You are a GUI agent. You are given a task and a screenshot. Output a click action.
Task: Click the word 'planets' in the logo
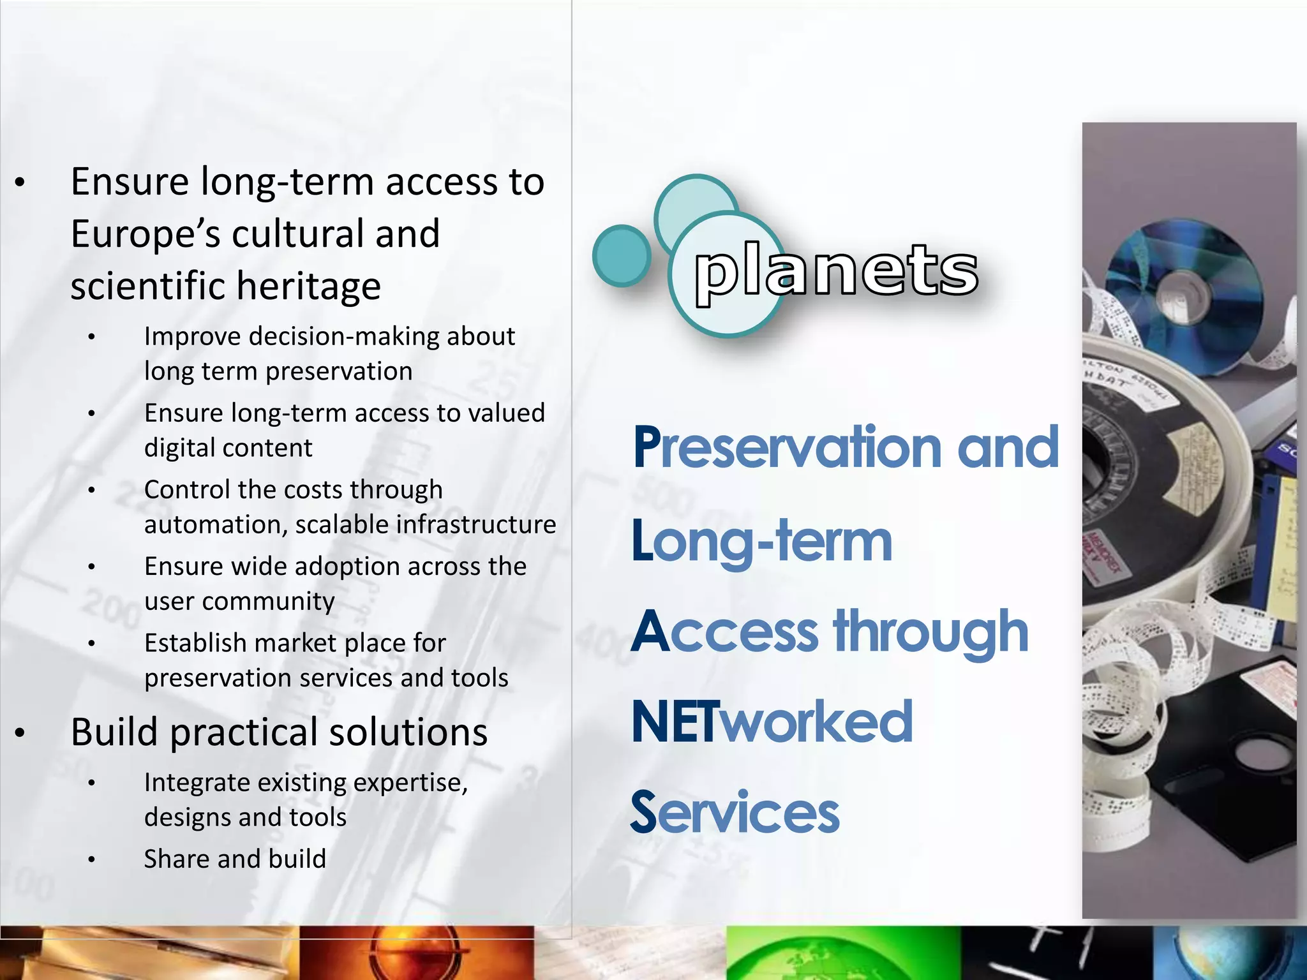[x=836, y=271]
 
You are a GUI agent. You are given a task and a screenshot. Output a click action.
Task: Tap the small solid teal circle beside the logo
[x=621, y=255]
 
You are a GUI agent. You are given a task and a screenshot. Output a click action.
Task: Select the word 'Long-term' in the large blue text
[x=761, y=542]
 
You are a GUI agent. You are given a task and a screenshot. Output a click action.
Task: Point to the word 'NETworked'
[x=772, y=722]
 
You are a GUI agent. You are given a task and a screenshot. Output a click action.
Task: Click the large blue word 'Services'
[x=735, y=812]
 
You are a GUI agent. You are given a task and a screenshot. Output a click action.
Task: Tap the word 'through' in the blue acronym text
[x=931, y=632]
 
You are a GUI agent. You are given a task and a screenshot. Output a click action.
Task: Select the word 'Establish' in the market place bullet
[x=195, y=643]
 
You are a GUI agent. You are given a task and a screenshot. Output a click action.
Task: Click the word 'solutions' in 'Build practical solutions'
[x=408, y=732]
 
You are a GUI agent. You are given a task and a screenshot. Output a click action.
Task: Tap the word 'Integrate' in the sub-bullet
[x=198, y=782]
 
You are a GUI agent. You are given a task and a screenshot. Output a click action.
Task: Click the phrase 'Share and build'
[x=235, y=859]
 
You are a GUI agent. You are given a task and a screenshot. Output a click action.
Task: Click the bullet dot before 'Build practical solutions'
[x=20, y=733]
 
